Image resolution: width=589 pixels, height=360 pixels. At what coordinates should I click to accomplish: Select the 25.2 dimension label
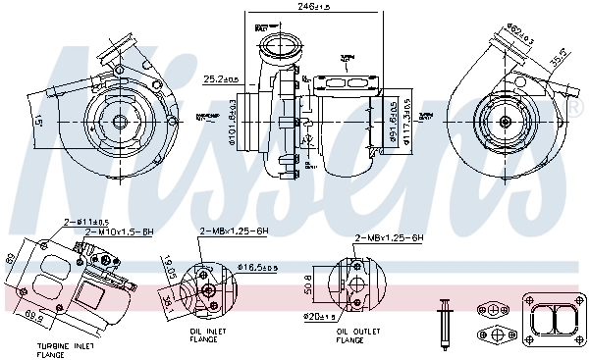coord(221,79)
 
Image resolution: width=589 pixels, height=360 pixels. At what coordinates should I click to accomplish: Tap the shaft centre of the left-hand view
coord(119,121)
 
